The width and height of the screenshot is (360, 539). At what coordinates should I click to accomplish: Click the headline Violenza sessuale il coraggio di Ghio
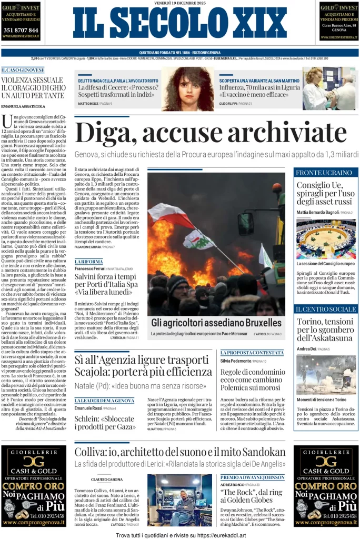(x=33, y=87)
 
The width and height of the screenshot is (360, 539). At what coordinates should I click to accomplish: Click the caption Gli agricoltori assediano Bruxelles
(x=209, y=322)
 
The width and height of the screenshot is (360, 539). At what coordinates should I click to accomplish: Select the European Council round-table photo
(x=326, y=239)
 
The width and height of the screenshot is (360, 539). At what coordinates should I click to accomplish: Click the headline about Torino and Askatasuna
(x=326, y=330)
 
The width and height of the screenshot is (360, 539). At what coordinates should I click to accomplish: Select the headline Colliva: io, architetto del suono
(x=180, y=452)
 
